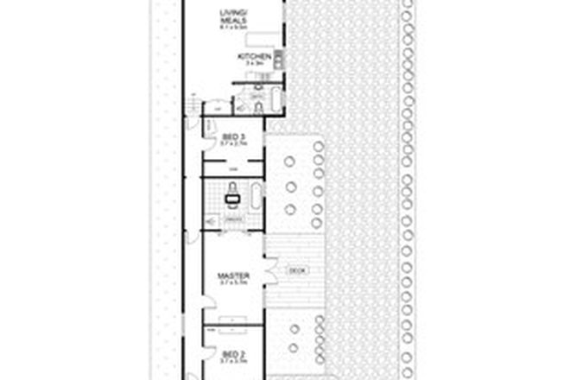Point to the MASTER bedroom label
pyautogui.click(x=233, y=276)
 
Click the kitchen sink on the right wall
pyautogui.click(x=280, y=59)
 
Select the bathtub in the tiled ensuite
pyautogui.click(x=255, y=199)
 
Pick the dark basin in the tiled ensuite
pyautogui.click(x=231, y=199)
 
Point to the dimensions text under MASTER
pyautogui.click(x=233, y=285)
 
